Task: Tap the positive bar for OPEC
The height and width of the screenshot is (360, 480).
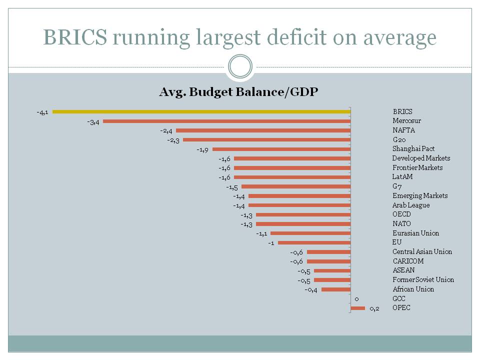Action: (358, 308)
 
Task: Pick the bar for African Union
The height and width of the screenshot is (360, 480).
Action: (336, 289)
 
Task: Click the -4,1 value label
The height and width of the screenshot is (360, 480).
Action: (42, 112)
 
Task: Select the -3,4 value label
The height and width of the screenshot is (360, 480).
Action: (93, 122)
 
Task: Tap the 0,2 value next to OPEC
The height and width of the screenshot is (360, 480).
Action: (374, 308)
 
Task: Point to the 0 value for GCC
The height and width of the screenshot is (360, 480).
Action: (356, 299)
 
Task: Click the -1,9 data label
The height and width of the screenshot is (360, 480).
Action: (202, 149)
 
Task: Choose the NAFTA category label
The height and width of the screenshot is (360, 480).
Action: (404, 130)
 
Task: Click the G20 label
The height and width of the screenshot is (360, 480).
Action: (400, 139)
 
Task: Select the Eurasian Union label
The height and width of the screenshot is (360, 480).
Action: (415, 233)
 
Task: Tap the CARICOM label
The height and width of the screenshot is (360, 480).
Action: (407, 261)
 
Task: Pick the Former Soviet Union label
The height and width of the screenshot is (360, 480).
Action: (423, 279)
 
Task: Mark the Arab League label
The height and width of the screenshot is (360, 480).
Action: (410, 205)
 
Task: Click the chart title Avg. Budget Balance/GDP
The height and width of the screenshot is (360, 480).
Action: (238, 92)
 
